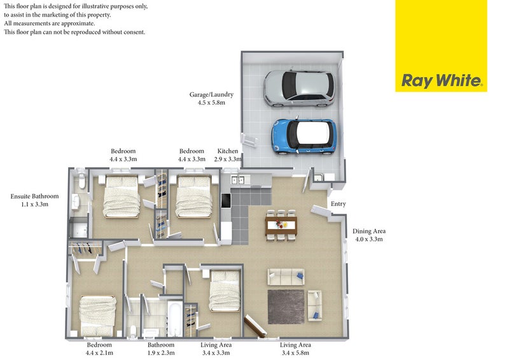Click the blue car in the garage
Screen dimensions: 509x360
(x=304, y=135)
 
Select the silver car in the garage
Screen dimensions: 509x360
(x=299, y=88)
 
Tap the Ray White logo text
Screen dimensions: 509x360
(x=442, y=81)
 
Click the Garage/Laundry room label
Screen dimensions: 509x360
(x=211, y=99)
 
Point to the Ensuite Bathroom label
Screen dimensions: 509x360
(x=34, y=200)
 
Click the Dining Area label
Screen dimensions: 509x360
(x=369, y=235)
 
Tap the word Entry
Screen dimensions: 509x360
(x=338, y=204)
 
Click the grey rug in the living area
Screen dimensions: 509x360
(x=286, y=307)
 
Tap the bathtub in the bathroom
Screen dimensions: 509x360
(x=174, y=319)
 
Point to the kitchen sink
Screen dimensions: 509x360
(x=237, y=179)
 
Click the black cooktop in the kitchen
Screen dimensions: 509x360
(x=226, y=200)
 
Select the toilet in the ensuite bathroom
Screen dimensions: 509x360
(x=82, y=181)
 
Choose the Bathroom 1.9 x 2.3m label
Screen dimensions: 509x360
(x=161, y=349)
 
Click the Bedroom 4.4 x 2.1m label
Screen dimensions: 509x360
(x=99, y=349)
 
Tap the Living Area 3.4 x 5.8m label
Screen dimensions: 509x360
(x=295, y=349)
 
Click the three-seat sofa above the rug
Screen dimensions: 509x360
(x=286, y=277)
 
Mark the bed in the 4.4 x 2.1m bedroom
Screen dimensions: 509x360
(x=98, y=316)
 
